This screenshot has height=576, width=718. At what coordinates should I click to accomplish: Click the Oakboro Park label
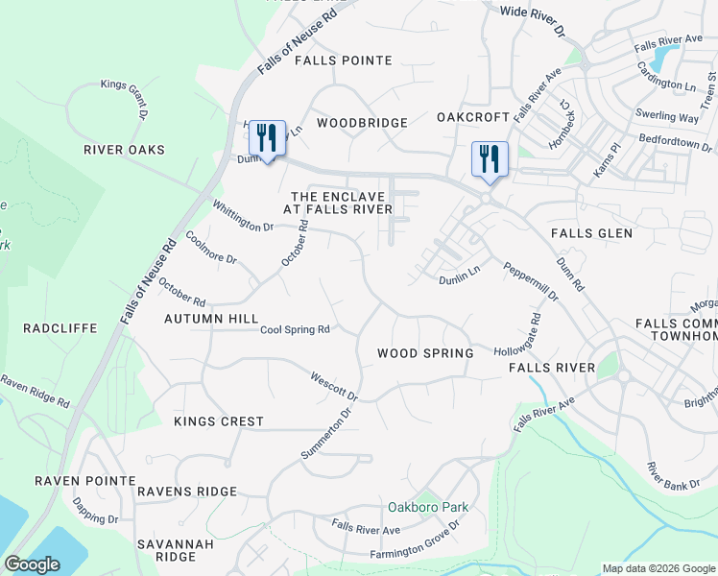(x=427, y=506)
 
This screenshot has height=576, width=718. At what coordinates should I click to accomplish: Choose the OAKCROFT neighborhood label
(x=472, y=117)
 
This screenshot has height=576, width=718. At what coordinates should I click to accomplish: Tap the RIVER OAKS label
(x=124, y=150)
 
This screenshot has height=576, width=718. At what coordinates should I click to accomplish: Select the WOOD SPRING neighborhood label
(x=425, y=353)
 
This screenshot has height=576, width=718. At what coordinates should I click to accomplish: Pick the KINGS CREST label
(x=219, y=421)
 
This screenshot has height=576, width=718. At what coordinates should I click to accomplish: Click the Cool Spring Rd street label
(x=296, y=329)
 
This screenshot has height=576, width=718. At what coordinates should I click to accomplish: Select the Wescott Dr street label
(x=334, y=388)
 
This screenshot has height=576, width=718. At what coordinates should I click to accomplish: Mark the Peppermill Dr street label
(x=531, y=283)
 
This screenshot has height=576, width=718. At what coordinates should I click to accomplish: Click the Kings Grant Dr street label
(x=125, y=98)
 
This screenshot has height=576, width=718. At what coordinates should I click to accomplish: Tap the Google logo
(x=33, y=564)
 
